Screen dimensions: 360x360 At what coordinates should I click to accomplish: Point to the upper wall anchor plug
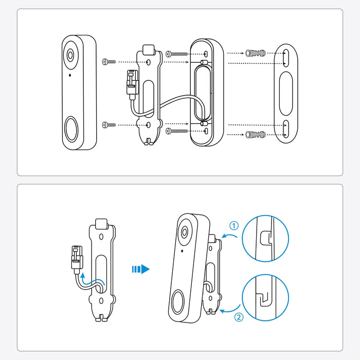point(256,53)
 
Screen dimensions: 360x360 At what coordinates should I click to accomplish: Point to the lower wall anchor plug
point(256,135)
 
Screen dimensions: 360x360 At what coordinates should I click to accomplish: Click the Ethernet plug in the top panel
point(131,83)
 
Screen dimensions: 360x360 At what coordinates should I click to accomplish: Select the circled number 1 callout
point(234,226)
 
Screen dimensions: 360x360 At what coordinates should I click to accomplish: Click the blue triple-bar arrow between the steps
point(140,268)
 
